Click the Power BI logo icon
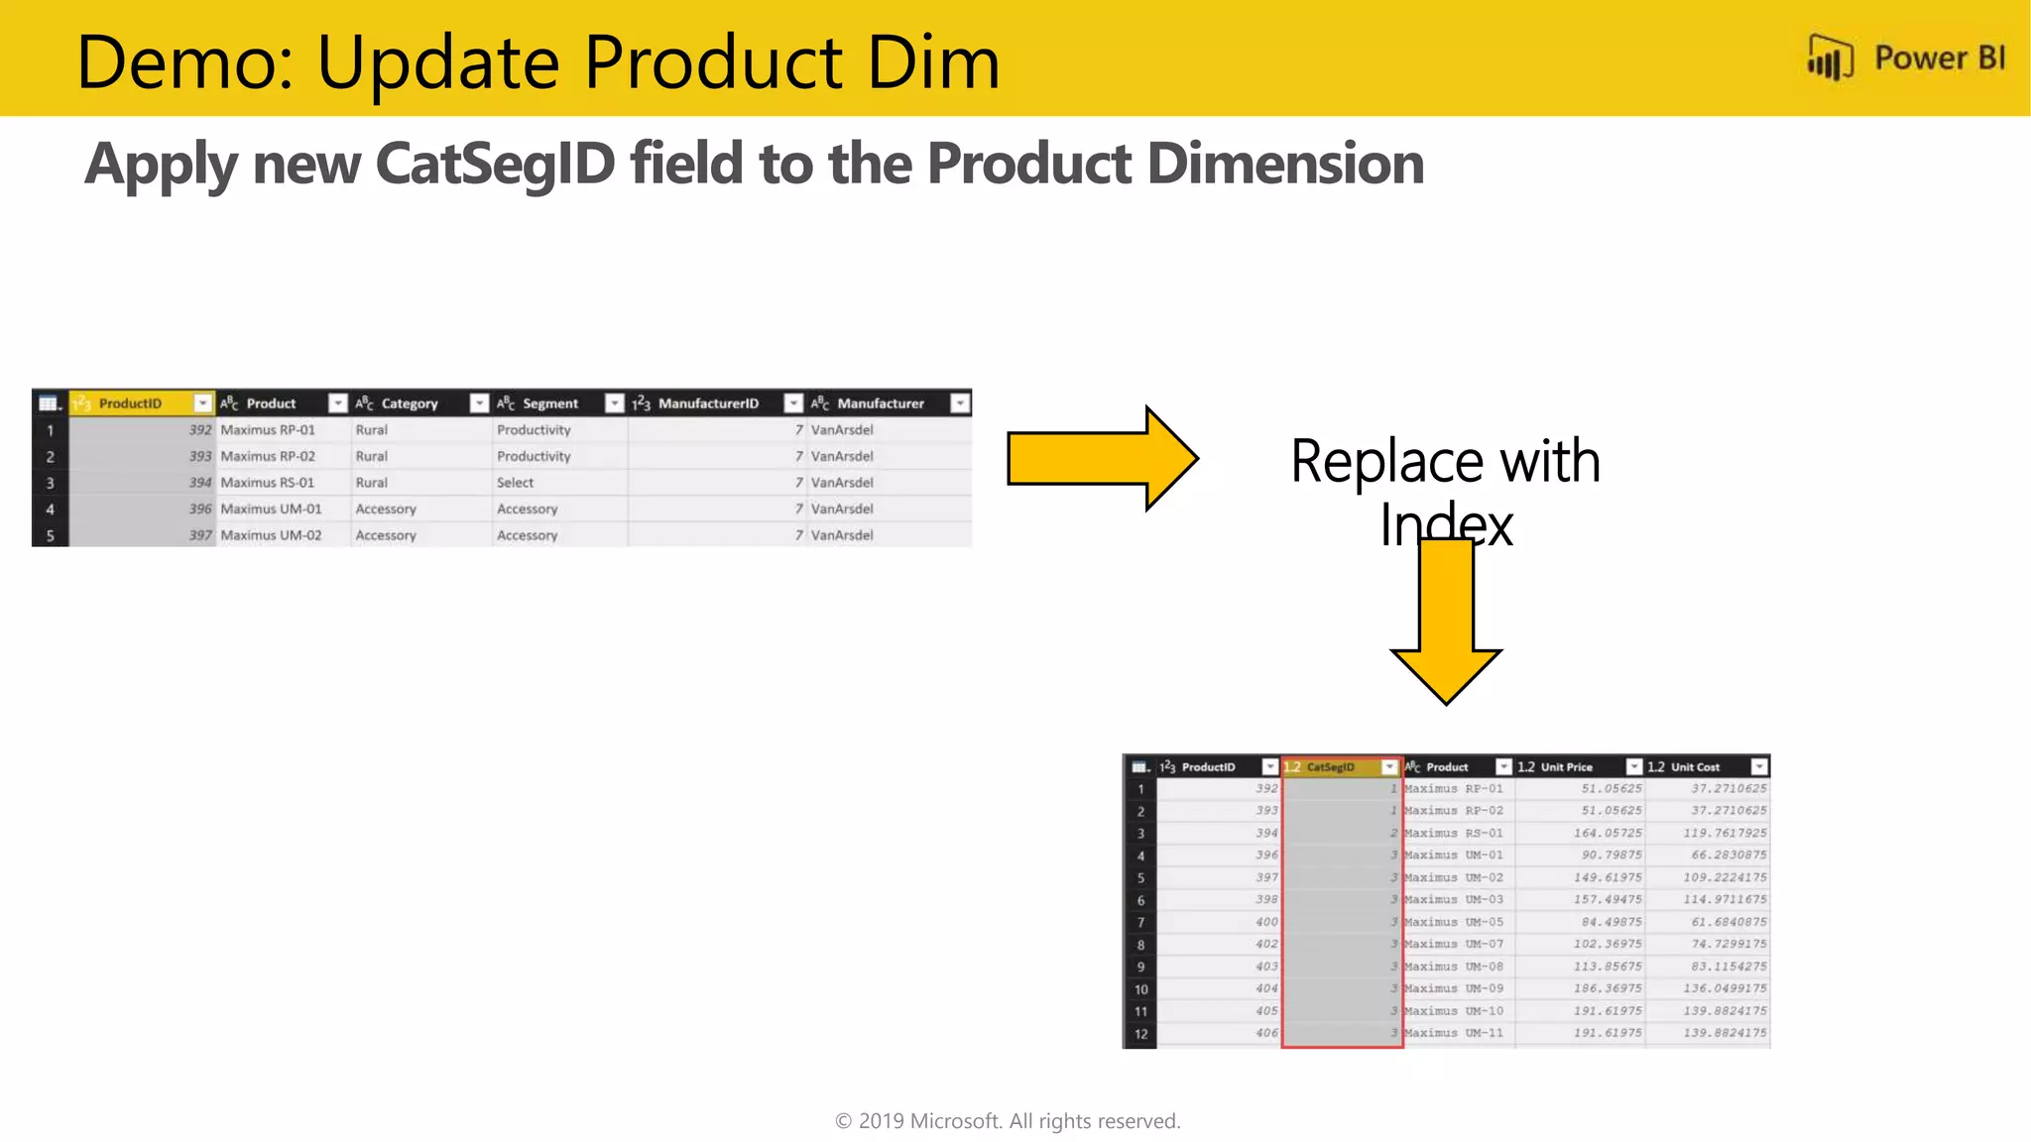click(x=1829, y=58)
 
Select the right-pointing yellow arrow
click(x=1102, y=458)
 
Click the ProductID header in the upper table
click(x=130, y=403)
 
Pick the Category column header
click(x=409, y=403)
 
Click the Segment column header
click(x=549, y=403)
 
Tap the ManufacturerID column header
click(x=708, y=403)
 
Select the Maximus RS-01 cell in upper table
click(x=268, y=483)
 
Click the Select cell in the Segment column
click(x=516, y=483)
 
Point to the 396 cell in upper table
click(x=200, y=509)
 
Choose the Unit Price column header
click(x=1566, y=767)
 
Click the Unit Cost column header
click(x=1695, y=767)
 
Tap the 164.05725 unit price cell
click(x=1607, y=833)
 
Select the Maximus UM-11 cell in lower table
click(x=1454, y=1033)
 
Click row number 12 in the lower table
click(x=1140, y=1034)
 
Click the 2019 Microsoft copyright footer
click(x=1008, y=1121)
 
